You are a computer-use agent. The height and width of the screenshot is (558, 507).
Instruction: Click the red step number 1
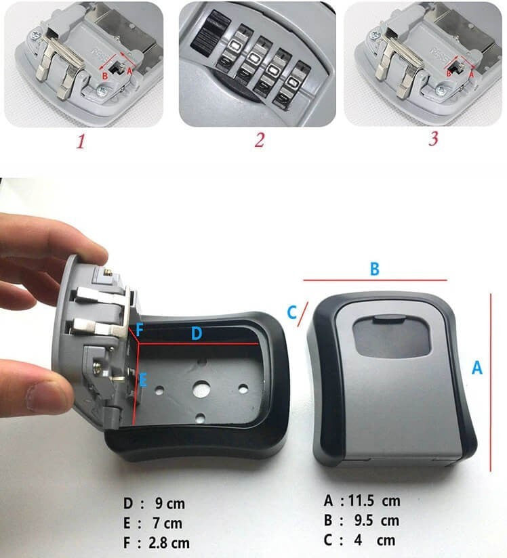(x=81, y=142)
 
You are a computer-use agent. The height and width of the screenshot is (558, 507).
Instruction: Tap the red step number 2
(x=260, y=140)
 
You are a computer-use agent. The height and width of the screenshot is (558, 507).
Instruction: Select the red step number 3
(x=433, y=138)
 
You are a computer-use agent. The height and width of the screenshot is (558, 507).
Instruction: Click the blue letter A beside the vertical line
(x=477, y=367)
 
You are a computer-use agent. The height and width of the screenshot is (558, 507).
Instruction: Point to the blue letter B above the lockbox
(x=374, y=269)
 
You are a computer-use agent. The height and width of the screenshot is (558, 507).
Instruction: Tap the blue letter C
(x=292, y=312)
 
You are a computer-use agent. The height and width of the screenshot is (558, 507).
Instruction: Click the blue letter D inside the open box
(x=197, y=333)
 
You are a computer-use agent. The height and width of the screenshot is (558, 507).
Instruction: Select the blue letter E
(x=143, y=380)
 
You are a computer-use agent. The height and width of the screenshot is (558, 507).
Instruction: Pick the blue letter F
(x=140, y=330)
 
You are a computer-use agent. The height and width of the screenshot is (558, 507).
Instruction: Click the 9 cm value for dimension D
(x=170, y=504)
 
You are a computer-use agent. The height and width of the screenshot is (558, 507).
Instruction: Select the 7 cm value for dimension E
(x=167, y=523)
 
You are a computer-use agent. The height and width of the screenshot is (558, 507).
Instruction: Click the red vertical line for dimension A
(x=491, y=383)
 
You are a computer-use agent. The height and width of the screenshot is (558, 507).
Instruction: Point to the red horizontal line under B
(x=376, y=280)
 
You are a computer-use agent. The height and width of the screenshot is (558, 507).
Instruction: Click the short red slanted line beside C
(x=302, y=315)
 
